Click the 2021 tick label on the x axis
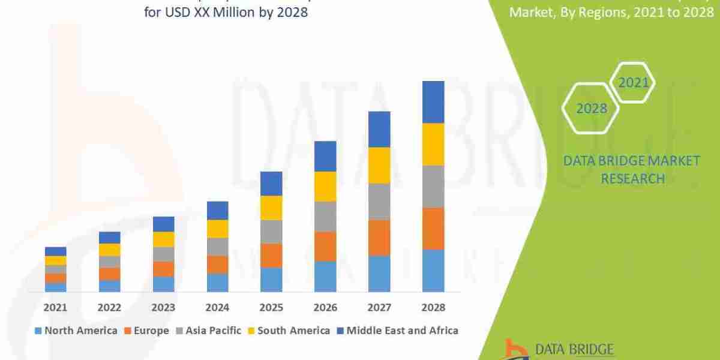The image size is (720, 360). point(55,308)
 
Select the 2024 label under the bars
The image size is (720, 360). point(217,308)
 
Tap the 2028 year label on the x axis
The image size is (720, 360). point(433,308)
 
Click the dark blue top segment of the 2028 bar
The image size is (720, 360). point(433,102)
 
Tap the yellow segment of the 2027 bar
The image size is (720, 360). point(379,165)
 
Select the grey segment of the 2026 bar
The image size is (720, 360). point(325,217)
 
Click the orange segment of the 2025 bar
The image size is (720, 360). point(271,256)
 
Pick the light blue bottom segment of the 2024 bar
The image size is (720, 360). point(217,283)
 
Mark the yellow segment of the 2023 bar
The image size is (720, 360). point(163,239)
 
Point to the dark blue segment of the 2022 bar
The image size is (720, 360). point(109,238)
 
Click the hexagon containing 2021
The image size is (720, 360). point(633,82)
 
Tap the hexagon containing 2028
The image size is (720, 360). point(592,109)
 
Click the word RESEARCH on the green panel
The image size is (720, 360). point(632,178)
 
